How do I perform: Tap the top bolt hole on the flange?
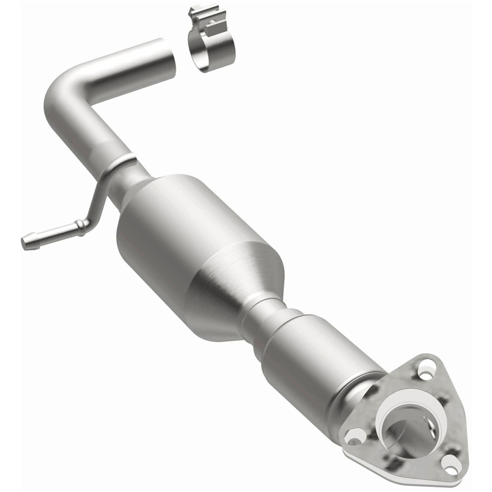pyautogui.click(x=426, y=367)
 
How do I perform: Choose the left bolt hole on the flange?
pyautogui.click(x=355, y=436)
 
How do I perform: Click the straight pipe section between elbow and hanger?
pyautogui.click(x=84, y=133)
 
